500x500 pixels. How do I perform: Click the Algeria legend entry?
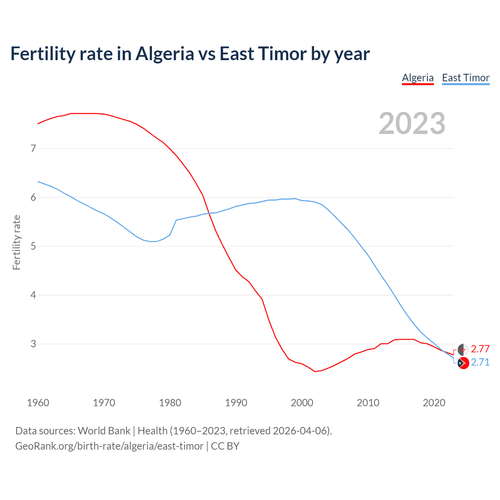(418, 78)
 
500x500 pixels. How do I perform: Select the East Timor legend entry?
(466, 78)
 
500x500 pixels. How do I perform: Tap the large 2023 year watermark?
(412, 123)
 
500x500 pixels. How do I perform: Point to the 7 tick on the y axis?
(33, 148)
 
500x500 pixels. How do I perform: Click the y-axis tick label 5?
(33, 246)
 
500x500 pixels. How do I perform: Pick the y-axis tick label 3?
(33, 344)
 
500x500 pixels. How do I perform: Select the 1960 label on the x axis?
(38, 403)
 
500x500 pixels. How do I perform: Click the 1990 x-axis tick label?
(236, 403)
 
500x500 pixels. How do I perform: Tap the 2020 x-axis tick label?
(434, 403)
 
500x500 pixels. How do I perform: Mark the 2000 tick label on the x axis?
(302, 403)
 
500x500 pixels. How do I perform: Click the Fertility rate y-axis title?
(16, 242)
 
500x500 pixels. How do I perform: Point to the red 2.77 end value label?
(480, 349)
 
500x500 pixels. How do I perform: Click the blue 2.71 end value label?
(480, 362)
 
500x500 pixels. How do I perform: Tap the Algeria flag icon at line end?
(463, 350)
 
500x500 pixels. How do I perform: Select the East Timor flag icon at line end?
(463, 363)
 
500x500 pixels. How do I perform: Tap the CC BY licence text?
(225, 446)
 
